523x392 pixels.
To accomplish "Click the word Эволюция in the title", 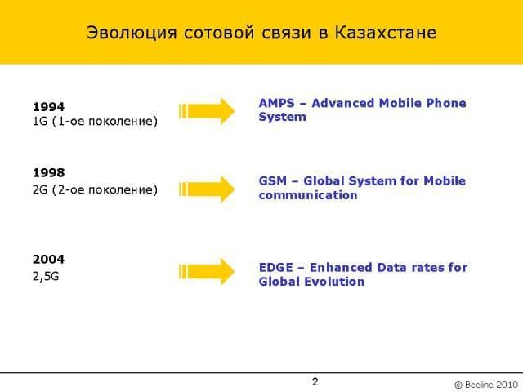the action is click(x=132, y=33).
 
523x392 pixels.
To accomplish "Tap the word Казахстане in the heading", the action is click(x=386, y=33).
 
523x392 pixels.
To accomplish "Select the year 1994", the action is click(x=49, y=107).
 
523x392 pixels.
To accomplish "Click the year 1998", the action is click(x=49, y=172).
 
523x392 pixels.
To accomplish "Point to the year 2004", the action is click(x=49, y=260).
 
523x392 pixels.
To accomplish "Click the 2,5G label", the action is click(x=46, y=276).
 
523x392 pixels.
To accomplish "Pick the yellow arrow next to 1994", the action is click(x=207, y=111).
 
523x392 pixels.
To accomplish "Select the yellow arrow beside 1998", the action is click(x=207, y=189).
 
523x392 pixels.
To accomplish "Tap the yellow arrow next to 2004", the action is click(x=207, y=272).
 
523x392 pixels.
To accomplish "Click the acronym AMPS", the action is click(x=277, y=103).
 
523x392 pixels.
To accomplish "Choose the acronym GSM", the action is click(x=272, y=181).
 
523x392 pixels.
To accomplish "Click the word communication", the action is click(x=308, y=195).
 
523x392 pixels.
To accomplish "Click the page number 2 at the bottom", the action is click(x=315, y=381).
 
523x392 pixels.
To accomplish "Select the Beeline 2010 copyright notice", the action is click(x=486, y=385).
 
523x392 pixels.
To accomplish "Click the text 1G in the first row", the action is click(x=40, y=121).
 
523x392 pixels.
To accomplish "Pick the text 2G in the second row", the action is click(x=40, y=189).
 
